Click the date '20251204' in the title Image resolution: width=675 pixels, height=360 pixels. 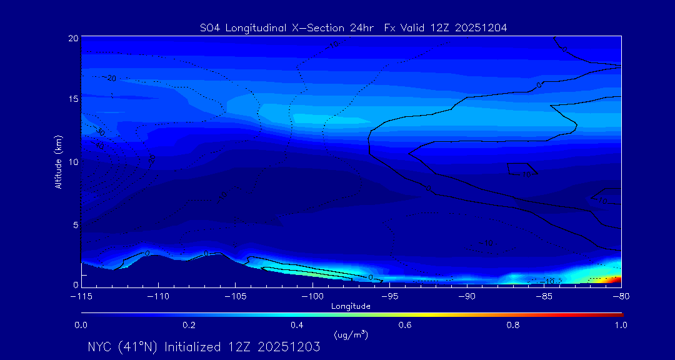(x=482, y=27)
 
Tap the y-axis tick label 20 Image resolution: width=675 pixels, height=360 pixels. (x=73, y=38)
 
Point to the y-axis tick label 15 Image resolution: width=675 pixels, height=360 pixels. (x=73, y=99)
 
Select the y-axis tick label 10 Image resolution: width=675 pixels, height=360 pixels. (x=73, y=162)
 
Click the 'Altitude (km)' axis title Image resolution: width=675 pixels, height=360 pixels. (x=58, y=162)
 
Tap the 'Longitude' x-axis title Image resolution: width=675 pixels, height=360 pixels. (x=351, y=306)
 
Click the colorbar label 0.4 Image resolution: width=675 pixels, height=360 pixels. (x=297, y=325)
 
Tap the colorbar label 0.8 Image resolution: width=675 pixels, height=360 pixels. (x=513, y=325)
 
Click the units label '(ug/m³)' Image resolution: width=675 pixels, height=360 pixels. (x=351, y=335)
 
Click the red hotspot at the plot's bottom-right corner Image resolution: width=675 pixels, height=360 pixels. (x=615, y=279)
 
